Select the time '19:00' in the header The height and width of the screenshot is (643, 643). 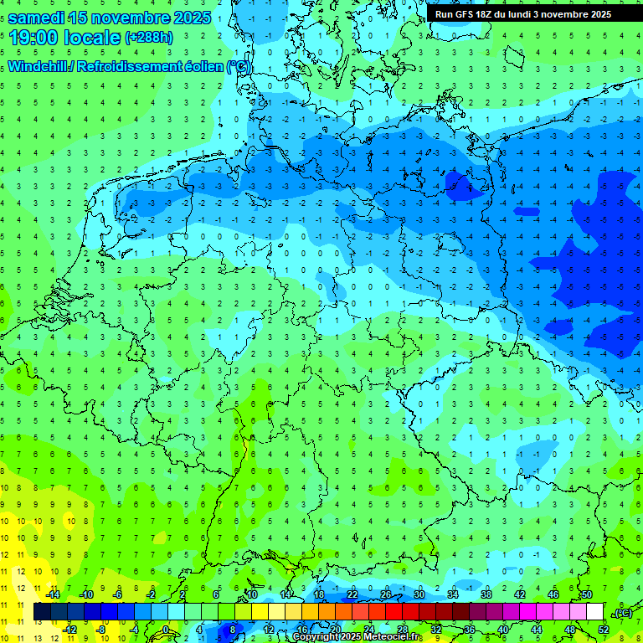(34, 37)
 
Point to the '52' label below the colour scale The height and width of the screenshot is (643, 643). (604, 630)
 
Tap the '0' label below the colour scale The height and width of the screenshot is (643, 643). (167, 630)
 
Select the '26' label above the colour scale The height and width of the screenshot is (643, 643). (386, 594)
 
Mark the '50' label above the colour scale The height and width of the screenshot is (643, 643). (586, 594)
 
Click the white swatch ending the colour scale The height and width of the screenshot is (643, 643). (595, 612)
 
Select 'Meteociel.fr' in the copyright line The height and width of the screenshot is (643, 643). (392, 637)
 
